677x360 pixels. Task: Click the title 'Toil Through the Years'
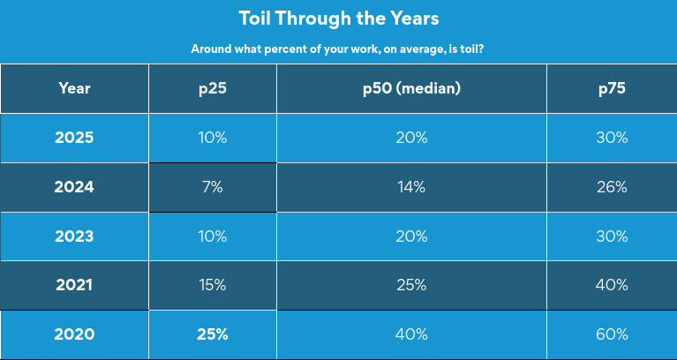[338, 18]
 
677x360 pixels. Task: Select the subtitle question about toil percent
[338, 49]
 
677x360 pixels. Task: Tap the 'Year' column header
[74, 88]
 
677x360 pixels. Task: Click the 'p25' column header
[213, 88]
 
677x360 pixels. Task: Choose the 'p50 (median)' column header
[411, 88]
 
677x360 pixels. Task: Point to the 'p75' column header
[611, 88]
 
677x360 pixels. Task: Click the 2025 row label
[74, 138]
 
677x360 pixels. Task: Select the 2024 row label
[74, 187]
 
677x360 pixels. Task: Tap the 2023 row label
[74, 236]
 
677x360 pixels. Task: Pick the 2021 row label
[74, 285]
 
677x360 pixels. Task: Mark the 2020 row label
[74, 334]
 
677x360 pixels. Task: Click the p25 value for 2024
[213, 187]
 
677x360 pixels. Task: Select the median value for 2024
[411, 187]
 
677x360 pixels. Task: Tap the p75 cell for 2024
[611, 187]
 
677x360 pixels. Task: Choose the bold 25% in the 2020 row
[213, 334]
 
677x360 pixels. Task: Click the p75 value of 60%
[611, 334]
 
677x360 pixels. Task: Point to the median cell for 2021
[411, 285]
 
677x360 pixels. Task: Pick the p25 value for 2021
[213, 285]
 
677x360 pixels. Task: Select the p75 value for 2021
[611, 285]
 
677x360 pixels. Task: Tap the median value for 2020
[411, 334]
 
